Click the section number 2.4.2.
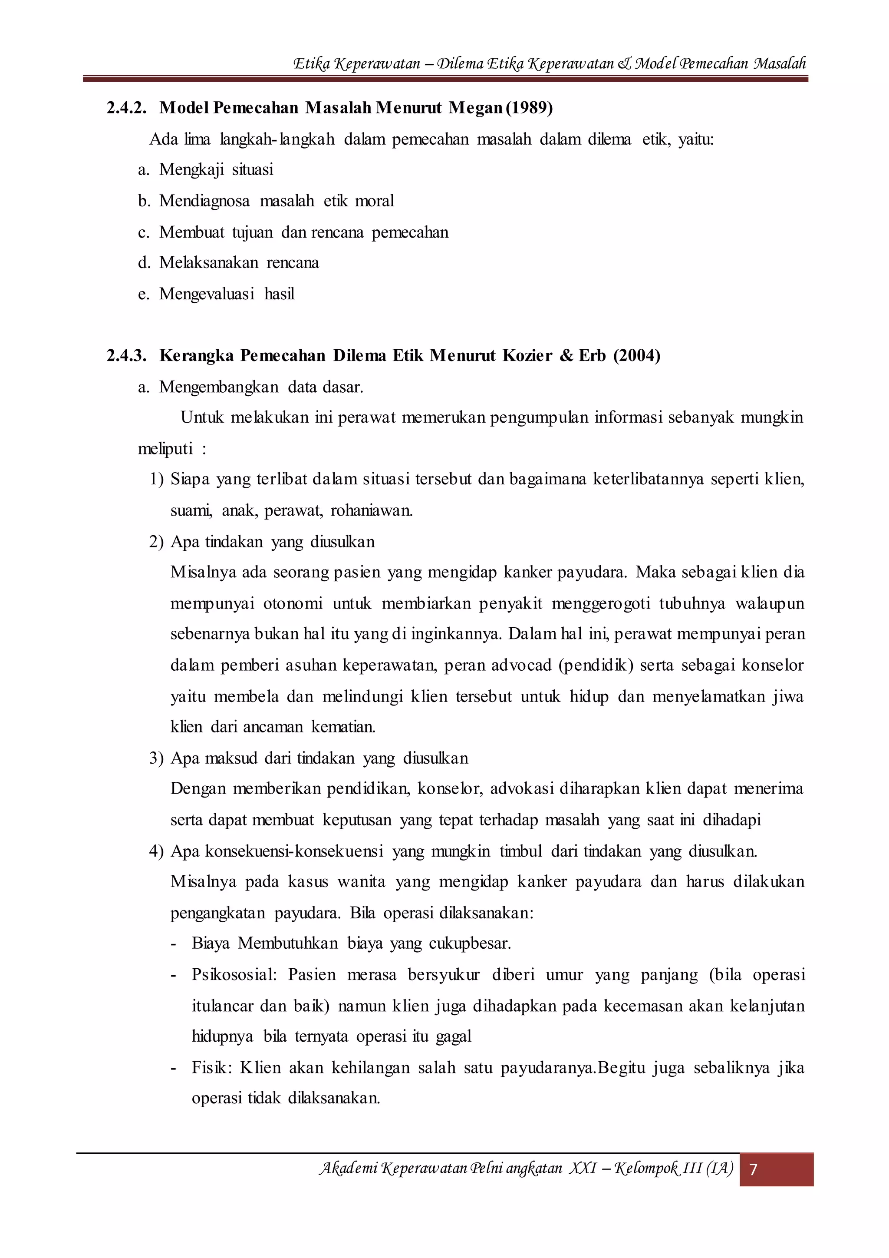tap(126, 107)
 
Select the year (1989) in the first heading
tap(529, 107)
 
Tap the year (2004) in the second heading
tap(637, 356)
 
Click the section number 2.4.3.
tap(126, 356)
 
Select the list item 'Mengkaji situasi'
tap(216, 170)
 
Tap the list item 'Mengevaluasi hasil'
tap(227, 294)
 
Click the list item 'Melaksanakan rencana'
tap(239, 263)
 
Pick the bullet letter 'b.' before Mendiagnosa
tap(144, 201)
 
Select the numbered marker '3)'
tap(156, 758)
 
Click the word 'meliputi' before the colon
tap(165, 449)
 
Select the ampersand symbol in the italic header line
tap(625, 63)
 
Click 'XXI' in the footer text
tap(583, 1169)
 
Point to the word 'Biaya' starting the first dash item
tap(210, 943)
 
